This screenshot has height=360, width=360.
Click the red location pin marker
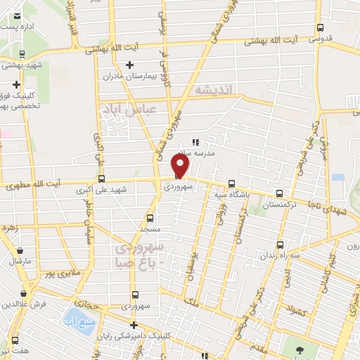pyautogui.click(x=181, y=165)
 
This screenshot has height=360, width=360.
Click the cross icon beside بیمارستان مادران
pyautogui.click(x=129, y=65)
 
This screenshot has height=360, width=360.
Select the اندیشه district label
pyautogui.click(x=217, y=91)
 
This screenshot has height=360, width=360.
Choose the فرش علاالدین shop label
pyautogui.click(x=25, y=304)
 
